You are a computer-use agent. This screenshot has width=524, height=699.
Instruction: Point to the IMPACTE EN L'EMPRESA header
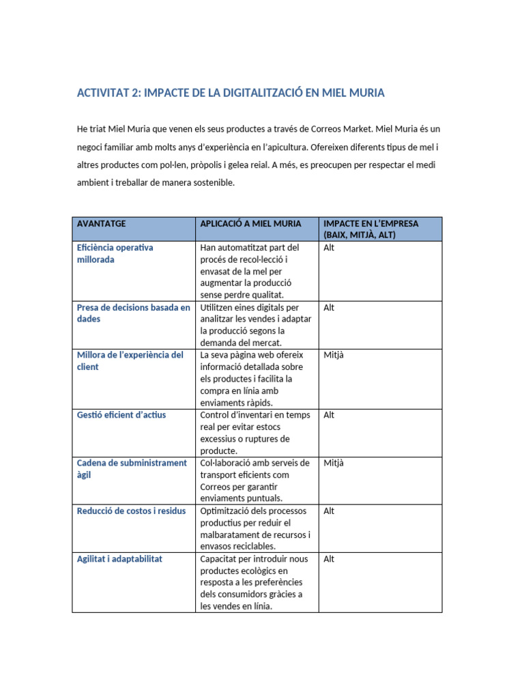point(370,229)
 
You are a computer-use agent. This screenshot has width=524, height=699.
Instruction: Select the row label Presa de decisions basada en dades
point(133,313)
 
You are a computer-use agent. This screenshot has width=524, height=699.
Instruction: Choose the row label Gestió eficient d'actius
point(121,415)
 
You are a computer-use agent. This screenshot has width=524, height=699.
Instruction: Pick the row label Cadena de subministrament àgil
point(131,468)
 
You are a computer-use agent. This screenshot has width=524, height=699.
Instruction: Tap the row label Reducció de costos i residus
point(131,511)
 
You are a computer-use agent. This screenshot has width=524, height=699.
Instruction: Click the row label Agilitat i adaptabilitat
point(119,558)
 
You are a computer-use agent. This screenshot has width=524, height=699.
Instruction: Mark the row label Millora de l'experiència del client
point(130,360)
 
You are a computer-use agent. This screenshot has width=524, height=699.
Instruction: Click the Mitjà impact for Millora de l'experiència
point(334,355)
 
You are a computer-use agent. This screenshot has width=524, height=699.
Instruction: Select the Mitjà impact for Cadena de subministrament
point(334,463)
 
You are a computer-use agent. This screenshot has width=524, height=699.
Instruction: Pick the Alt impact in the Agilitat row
point(329,558)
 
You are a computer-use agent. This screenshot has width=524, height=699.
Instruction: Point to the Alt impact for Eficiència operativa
point(329,248)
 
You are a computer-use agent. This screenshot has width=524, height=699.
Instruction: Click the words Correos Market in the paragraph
point(337,129)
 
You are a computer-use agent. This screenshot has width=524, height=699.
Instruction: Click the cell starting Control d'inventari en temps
point(254,433)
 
